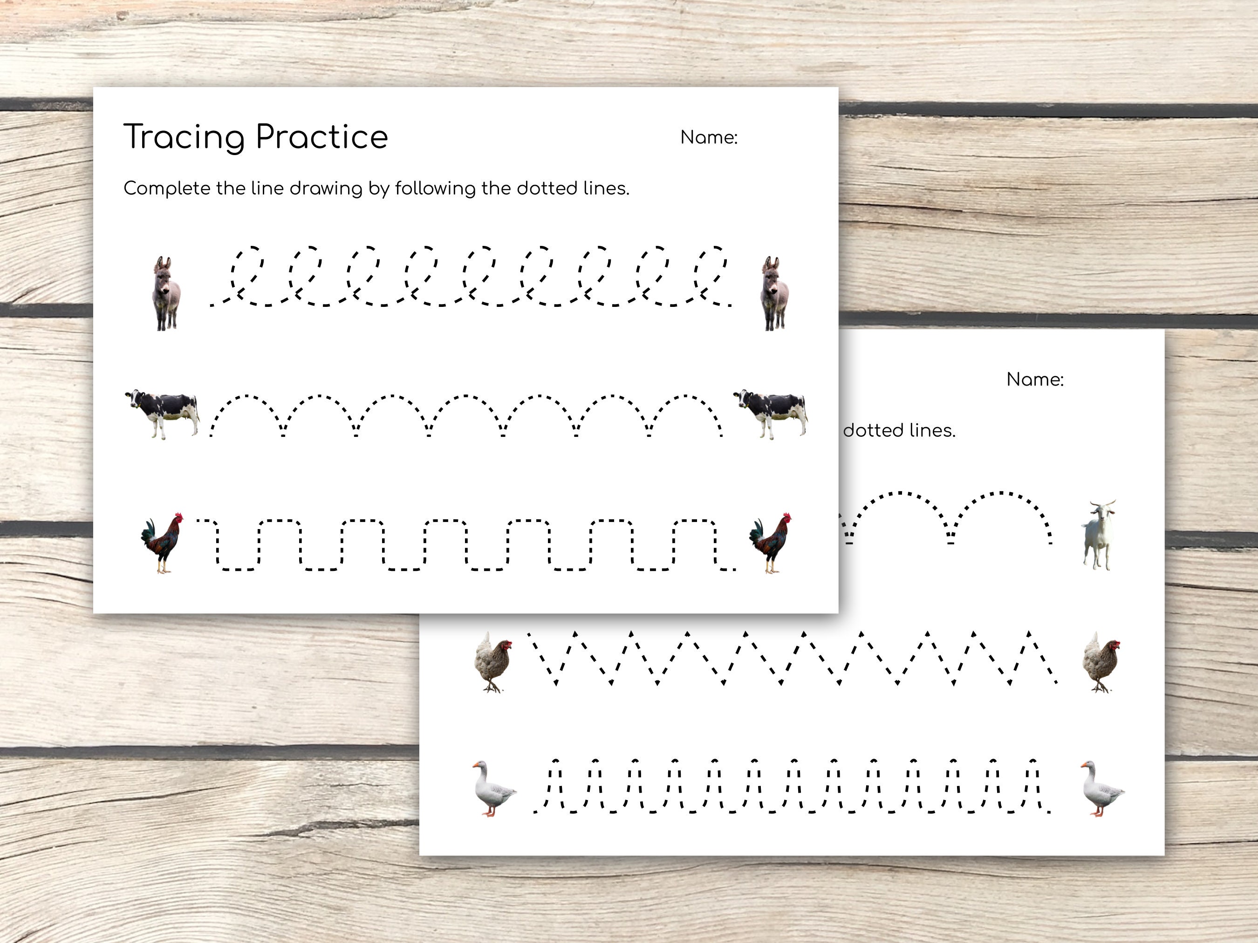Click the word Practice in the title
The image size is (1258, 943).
[x=321, y=137]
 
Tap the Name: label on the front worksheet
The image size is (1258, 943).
[x=709, y=137]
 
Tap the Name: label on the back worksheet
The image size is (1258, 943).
[x=1034, y=380]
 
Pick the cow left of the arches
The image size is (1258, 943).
[x=163, y=413]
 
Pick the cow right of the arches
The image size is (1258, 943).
[x=771, y=413]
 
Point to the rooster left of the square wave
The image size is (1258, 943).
[x=163, y=543]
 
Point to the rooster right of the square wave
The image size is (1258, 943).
[x=771, y=543]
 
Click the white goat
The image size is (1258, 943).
[x=1099, y=534]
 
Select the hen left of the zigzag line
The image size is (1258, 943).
[x=493, y=662]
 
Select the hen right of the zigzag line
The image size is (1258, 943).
[x=1101, y=662]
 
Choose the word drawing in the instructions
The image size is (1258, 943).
[x=326, y=189]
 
